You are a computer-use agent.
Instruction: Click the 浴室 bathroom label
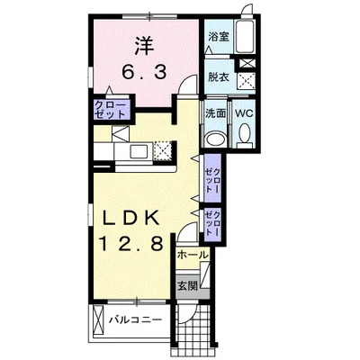(x=219, y=37)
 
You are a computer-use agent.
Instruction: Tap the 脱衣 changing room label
(x=219, y=77)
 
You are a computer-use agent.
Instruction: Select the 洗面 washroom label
(x=215, y=113)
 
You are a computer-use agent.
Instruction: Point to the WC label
(x=244, y=113)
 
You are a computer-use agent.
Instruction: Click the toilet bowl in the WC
(x=245, y=133)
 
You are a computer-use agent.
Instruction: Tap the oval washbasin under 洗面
(x=216, y=139)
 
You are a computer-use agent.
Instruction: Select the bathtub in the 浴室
(x=245, y=36)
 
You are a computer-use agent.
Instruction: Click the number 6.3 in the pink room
(x=144, y=72)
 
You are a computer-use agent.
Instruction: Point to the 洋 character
(x=144, y=45)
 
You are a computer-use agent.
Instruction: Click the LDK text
(x=130, y=219)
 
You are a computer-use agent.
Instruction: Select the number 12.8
(x=131, y=243)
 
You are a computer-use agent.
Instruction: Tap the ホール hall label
(x=193, y=255)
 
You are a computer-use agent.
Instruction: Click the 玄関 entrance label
(x=187, y=286)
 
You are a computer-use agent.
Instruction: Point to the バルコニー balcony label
(x=135, y=319)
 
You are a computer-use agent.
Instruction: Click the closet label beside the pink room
(x=110, y=110)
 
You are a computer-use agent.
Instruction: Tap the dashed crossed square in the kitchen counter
(x=163, y=150)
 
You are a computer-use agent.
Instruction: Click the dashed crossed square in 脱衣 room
(x=246, y=80)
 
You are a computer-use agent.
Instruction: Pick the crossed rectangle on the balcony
(x=98, y=319)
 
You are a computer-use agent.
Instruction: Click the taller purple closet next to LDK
(x=212, y=178)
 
